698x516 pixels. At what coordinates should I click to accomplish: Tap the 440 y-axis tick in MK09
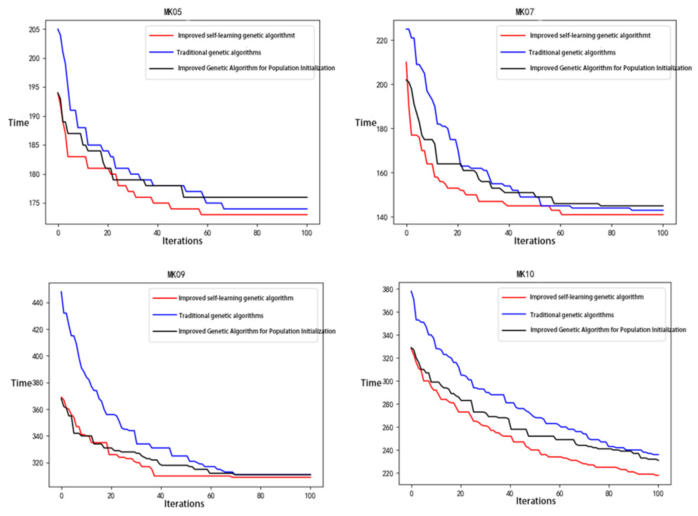(x=37, y=303)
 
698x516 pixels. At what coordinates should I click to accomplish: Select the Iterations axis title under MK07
(x=535, y=241)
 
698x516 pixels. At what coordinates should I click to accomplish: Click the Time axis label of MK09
(x=21, y=383)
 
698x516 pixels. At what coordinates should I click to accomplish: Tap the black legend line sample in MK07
(x=513, y=68)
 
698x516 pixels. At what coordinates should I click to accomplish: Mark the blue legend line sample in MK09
(x=165, y=315)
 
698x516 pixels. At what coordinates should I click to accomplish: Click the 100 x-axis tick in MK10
(x=658, y=493)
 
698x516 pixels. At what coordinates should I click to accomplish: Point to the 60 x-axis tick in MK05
(x=207, y=233)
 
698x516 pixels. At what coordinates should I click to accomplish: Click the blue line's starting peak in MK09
(x=61, y=292)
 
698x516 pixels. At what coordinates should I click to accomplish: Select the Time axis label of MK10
(x=371, y=383)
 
